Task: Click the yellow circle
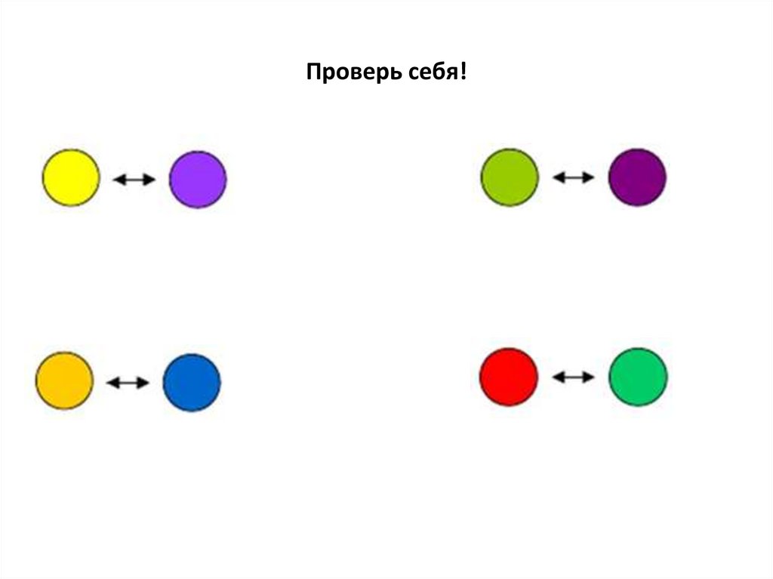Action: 70,177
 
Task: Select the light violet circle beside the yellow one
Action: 198,179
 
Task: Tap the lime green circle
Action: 510,177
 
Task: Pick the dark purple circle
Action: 637,177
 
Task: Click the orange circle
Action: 65,380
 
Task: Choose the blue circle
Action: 192,383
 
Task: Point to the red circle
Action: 509,377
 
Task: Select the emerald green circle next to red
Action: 638,377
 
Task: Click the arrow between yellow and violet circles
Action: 134,180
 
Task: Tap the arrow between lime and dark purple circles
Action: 574,177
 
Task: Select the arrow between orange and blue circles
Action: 128,383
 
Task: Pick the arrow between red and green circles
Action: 574,377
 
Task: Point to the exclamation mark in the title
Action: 462,73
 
